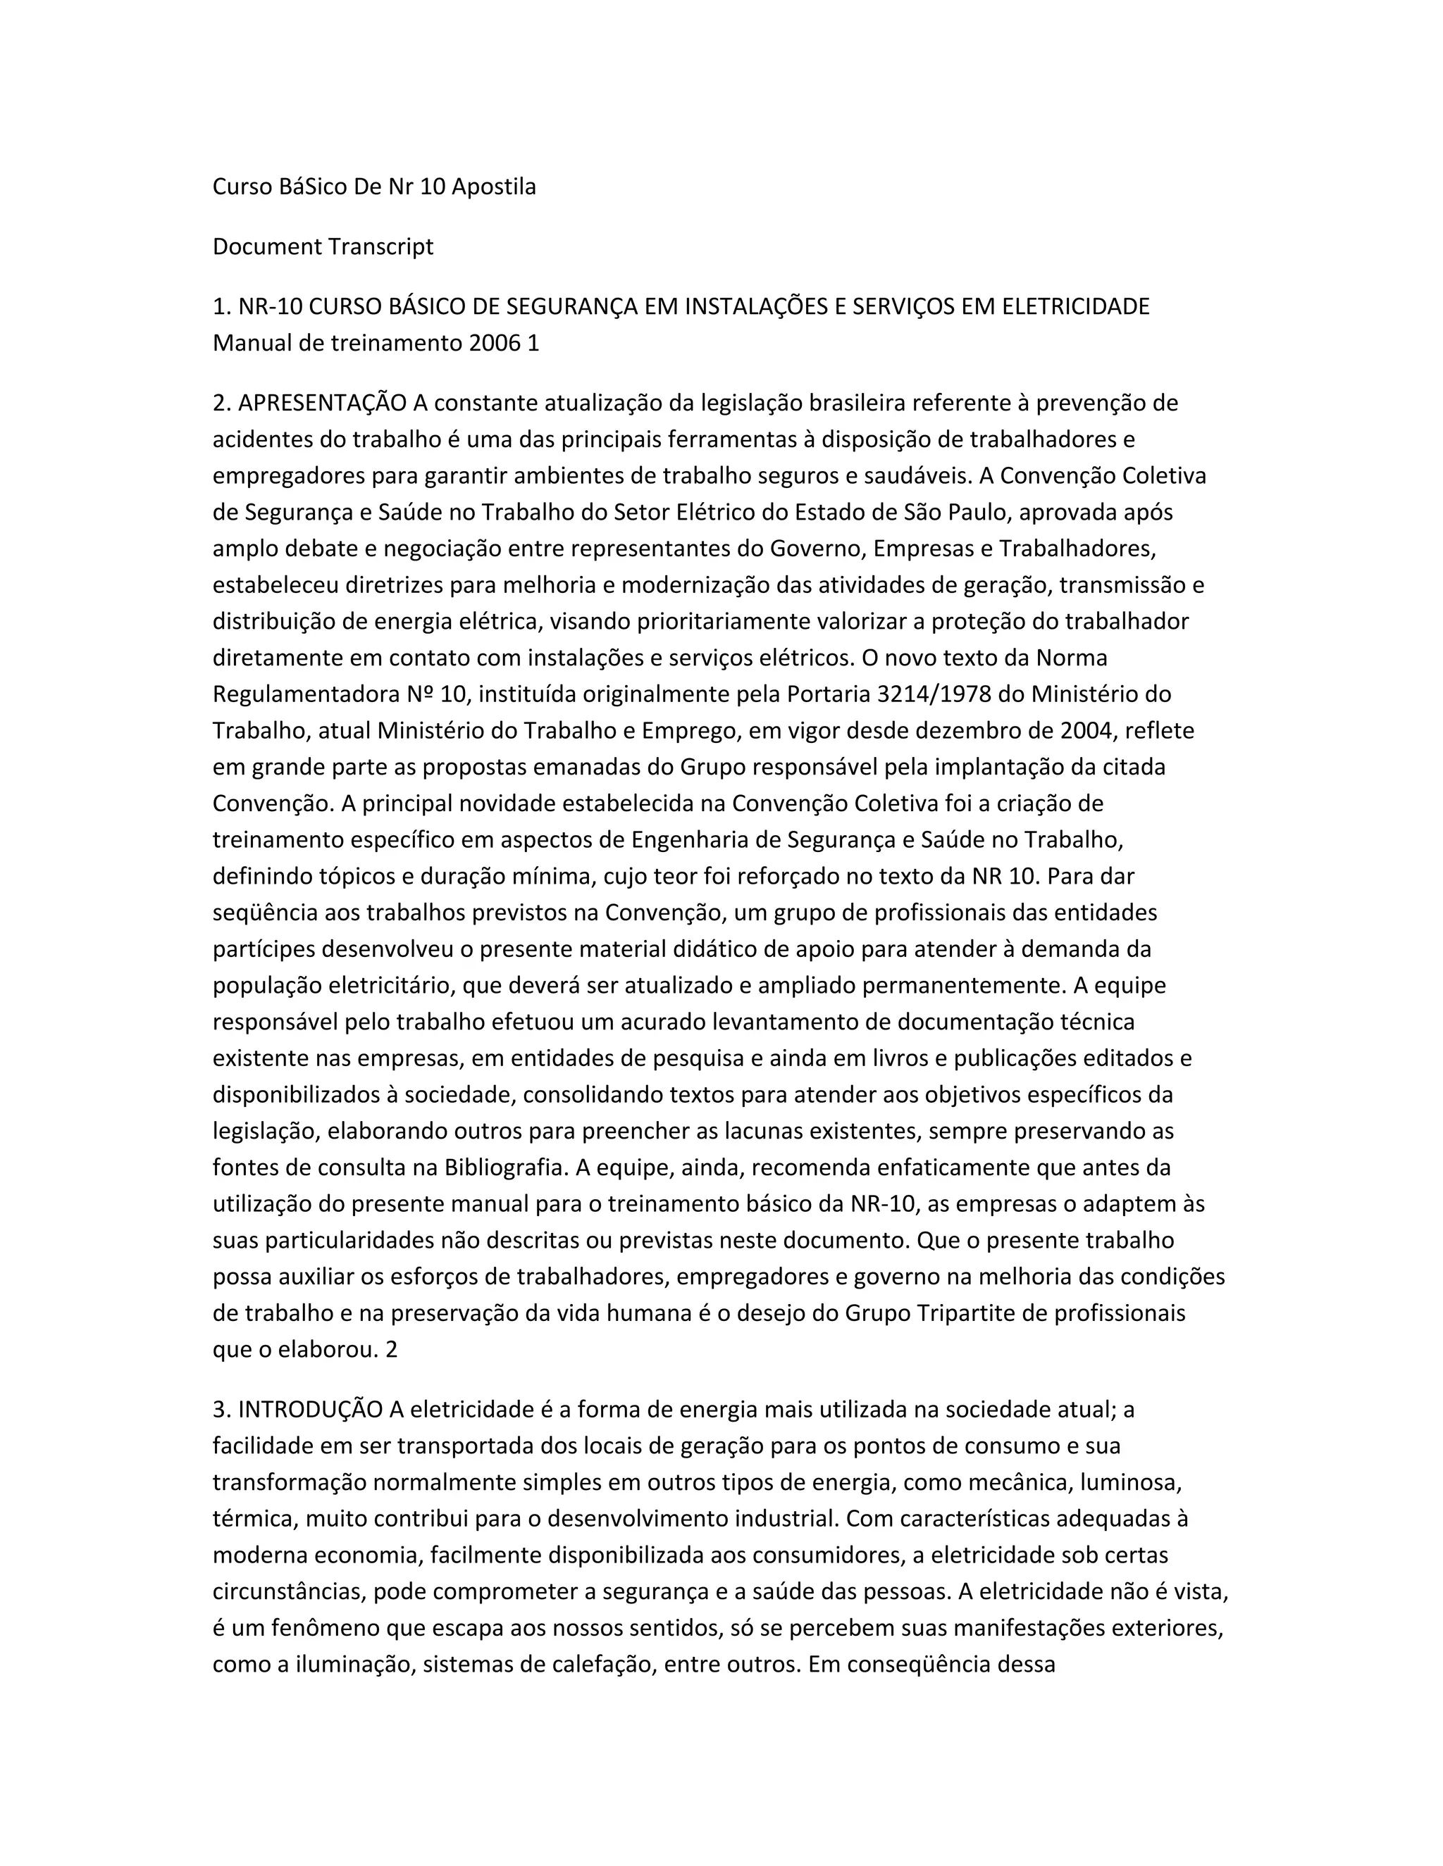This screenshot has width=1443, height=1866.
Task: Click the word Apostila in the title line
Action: click(493, 187)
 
